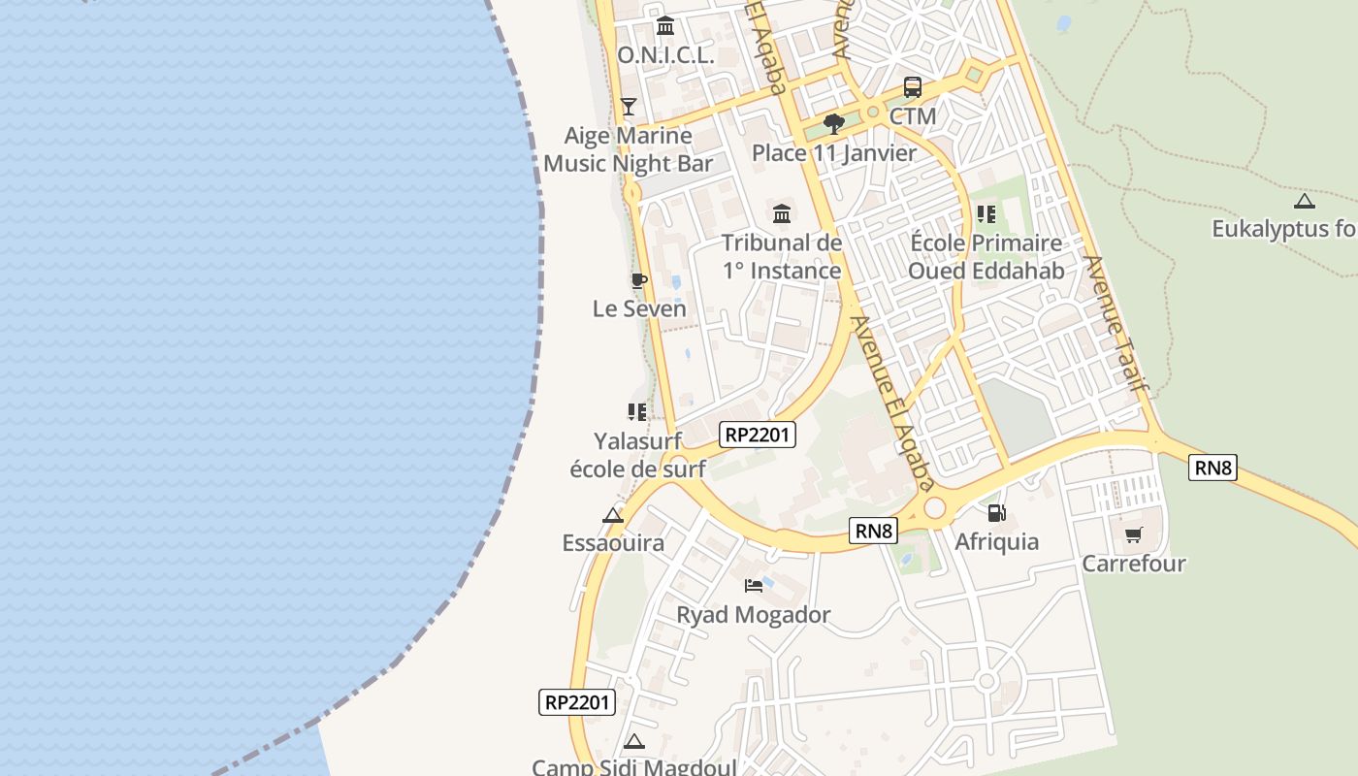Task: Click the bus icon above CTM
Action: [x=913, y=87]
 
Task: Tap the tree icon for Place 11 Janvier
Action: [x=832, y=124]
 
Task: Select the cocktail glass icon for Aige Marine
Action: [x=629, y=106]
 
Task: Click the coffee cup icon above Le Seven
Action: [x=638, y=281]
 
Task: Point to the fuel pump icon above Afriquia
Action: [x=996, y=513]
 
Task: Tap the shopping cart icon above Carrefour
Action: [x=1133, y=535]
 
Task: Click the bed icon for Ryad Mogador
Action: [x=753, y=585]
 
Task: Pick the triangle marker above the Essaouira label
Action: [x=612, y=515]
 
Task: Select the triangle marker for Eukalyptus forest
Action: [x=1304, y=202]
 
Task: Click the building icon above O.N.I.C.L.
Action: [x=665, y=26]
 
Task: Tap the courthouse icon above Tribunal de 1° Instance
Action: [x=782, y=213]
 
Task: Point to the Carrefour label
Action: [x=1133, y=564]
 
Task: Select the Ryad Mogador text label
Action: [x=753, y=615]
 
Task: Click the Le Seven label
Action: [x=639, y=308]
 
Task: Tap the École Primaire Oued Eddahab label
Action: [x=986, y=256]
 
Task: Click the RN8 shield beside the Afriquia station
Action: [x=874, y=531]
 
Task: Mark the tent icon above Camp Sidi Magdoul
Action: [x=633, y=742]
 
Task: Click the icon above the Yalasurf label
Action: [x=636, y=412]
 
